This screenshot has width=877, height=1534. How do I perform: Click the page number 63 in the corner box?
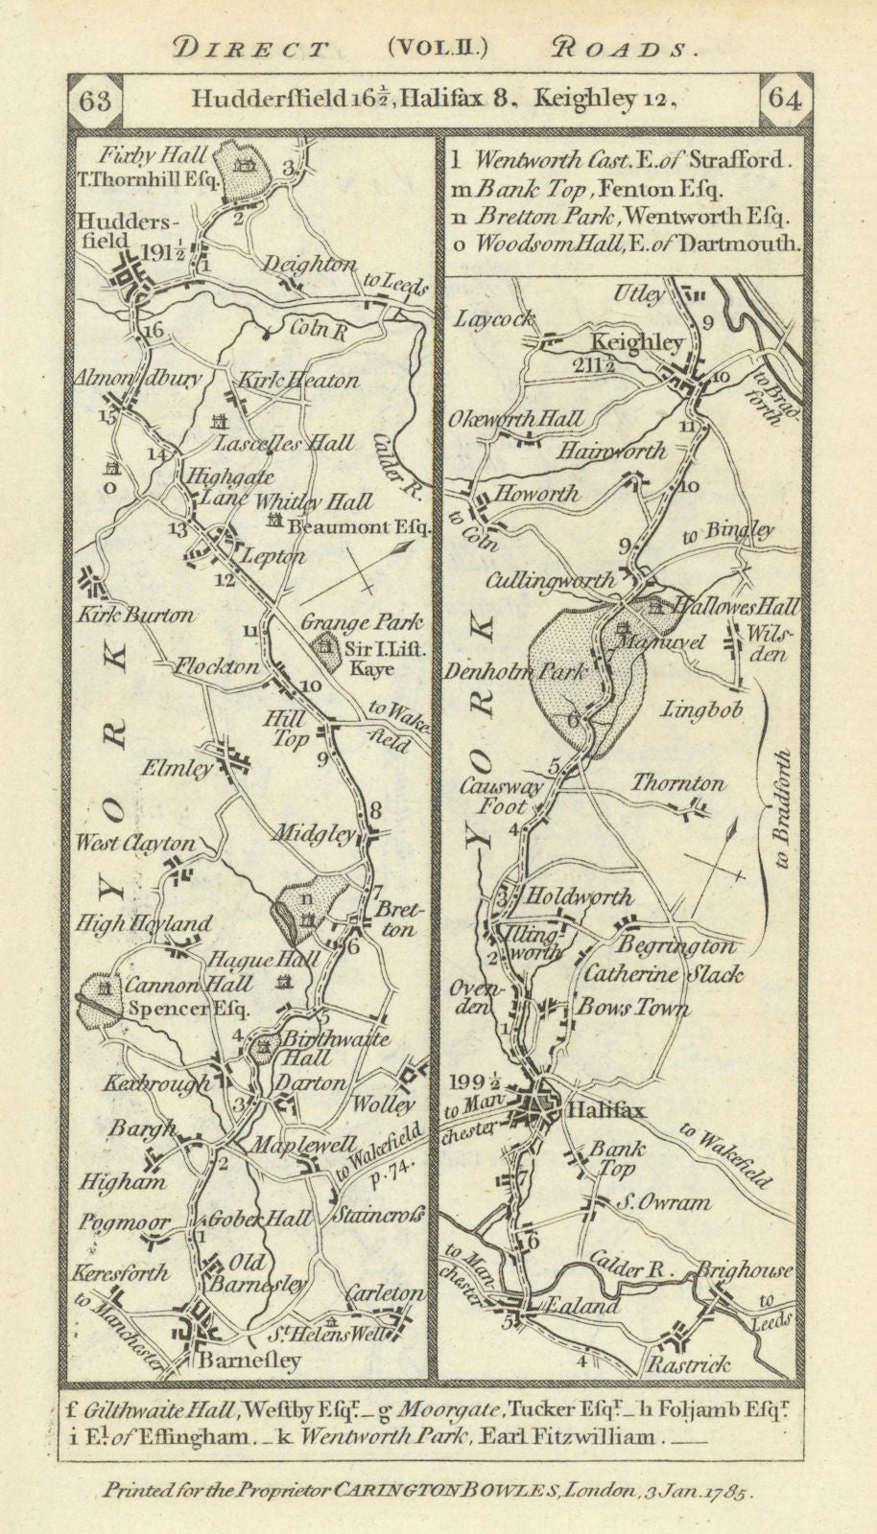click(x=96, y=100)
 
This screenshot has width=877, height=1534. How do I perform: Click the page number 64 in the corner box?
click(x=783, y=101)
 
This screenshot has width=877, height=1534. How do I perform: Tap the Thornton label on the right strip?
click(x=677, y=783)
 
